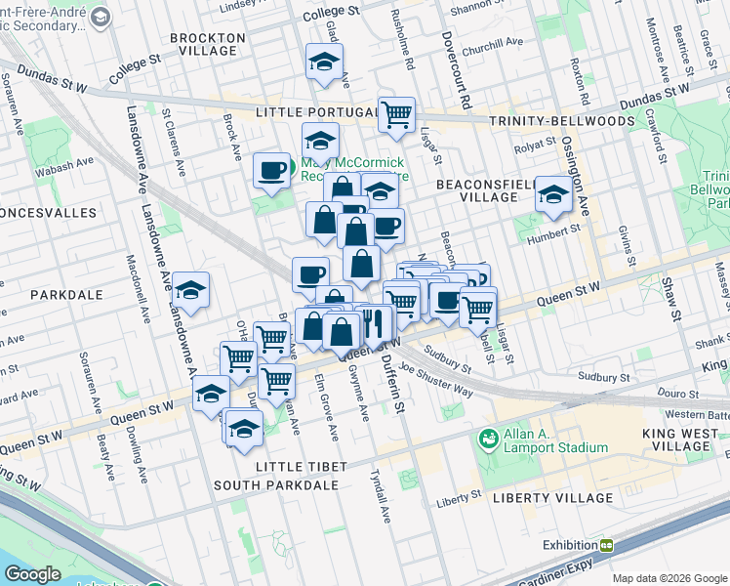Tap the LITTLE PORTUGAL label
click(x=314, y=113)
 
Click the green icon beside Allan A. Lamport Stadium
click(x=488, y=440)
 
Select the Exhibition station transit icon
click(x=606, y=545)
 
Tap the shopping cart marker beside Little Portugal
click(x=397, y=113)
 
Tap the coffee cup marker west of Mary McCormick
click(x=271, y=169)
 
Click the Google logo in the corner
click(x=34, y=574)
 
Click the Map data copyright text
click(x=669, y=578)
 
